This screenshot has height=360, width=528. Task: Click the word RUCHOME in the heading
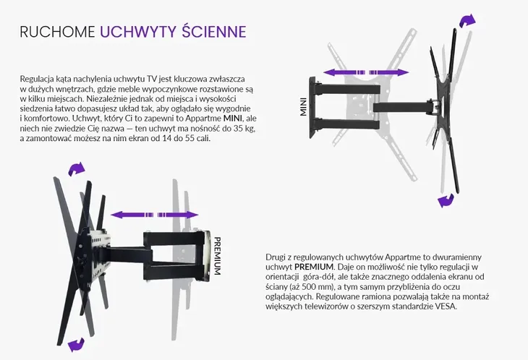pyautogui.click(x=57, y=32)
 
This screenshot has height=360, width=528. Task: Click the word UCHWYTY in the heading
pyautogui.click(x=138, y=32)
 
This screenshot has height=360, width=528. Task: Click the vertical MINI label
pyautogui.click(x=303, y=107)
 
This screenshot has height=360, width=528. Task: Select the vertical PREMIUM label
pyautogui.click(x=218, y=256)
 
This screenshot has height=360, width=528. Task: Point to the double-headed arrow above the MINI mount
pyautogui.click(x=366, y=72)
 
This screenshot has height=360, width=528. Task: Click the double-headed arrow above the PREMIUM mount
pyautogui.click(x=155, y=215)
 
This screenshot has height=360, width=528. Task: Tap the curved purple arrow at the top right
pyautogui.click(x=468, y=21)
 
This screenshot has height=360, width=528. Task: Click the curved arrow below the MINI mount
pyautogui.click(x=446, y=200)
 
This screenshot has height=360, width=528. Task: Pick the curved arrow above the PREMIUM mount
pyautogui.click(x=77, y=168)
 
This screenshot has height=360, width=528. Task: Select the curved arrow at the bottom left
pyautogui.click(x=76, y=345)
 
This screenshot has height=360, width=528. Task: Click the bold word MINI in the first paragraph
pyautogui.click(x=233, y=119)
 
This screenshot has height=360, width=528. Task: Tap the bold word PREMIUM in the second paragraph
pyautogui.click(x=314, y=267)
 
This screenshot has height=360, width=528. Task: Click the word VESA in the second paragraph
pyautogui.click(x=446, y=307)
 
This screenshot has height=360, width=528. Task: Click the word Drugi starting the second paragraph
pyautogui.click(x=274, y=258)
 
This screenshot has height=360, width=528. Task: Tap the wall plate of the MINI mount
pyautogui.click(x=313, y=107)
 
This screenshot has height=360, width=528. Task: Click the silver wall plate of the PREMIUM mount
pyautogui.click(x=205, y=256)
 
